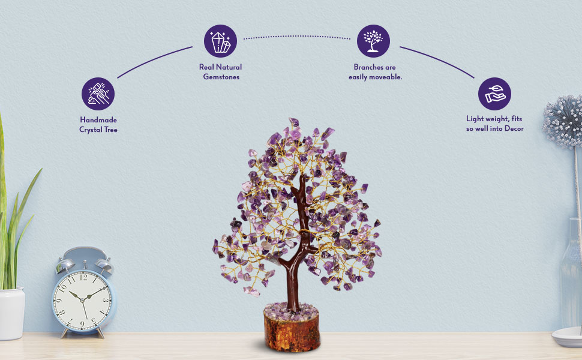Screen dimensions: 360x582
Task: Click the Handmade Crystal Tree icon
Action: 98,94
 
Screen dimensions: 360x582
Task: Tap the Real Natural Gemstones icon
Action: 220,40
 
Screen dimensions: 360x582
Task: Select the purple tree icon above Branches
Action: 373,40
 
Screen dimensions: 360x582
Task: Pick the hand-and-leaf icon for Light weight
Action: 494,94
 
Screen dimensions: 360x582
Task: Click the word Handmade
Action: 98,120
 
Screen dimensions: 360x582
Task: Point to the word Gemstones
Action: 220,77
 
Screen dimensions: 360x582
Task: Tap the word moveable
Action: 384,77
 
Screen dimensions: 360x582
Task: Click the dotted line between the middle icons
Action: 297,37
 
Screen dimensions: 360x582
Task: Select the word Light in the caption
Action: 476,119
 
